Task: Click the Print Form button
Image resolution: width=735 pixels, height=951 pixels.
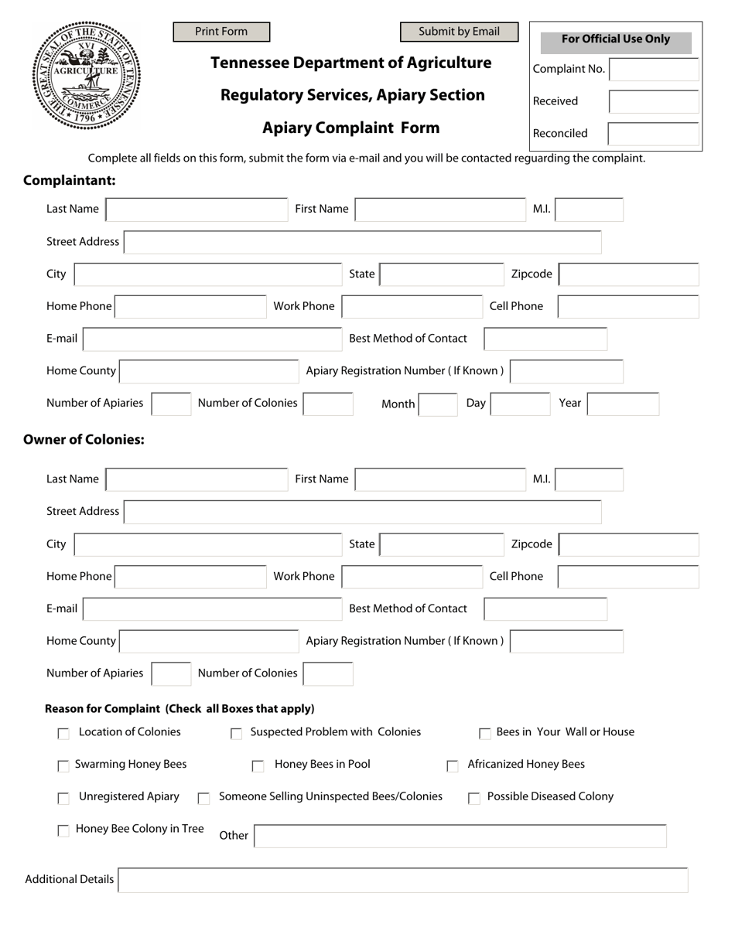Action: [x=221, y=32]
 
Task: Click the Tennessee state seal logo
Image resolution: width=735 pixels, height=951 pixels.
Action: [x=86, y=75]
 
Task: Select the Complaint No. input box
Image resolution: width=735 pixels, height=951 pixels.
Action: [x=654, y=69]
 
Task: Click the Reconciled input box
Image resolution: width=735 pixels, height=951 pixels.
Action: [x=654, y=134]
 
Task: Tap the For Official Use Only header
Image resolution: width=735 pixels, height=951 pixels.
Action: [x=616, y=40]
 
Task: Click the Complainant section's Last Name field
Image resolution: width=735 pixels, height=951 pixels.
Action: [x=197, y=210]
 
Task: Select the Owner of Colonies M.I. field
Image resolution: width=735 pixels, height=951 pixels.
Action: [x=589, y=479]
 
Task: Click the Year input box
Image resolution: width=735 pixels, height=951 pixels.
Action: [x=623, y=404]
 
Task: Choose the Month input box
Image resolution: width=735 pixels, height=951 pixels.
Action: [x=438, y=404]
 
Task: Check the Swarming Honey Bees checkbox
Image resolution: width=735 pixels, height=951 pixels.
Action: [x=63, y=766]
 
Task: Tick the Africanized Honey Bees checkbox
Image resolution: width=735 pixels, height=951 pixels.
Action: [x=453, y=766]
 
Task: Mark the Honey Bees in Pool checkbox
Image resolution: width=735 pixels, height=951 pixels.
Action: [x=258, y=766]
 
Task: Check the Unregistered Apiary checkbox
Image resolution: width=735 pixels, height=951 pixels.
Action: [x=63, y=798]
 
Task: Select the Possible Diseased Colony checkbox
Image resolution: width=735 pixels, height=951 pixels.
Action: [x=474, y=799]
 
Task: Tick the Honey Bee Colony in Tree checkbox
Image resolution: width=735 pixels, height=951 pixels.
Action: [x=63, y=831]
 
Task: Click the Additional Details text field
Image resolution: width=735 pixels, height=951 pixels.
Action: [x=402, y=880]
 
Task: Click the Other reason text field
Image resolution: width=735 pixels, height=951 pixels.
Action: [x=460, y=836]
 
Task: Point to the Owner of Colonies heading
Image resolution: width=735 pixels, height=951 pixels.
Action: [x=84, y=440]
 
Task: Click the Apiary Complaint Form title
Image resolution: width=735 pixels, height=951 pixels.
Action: [x=350, y=128]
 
